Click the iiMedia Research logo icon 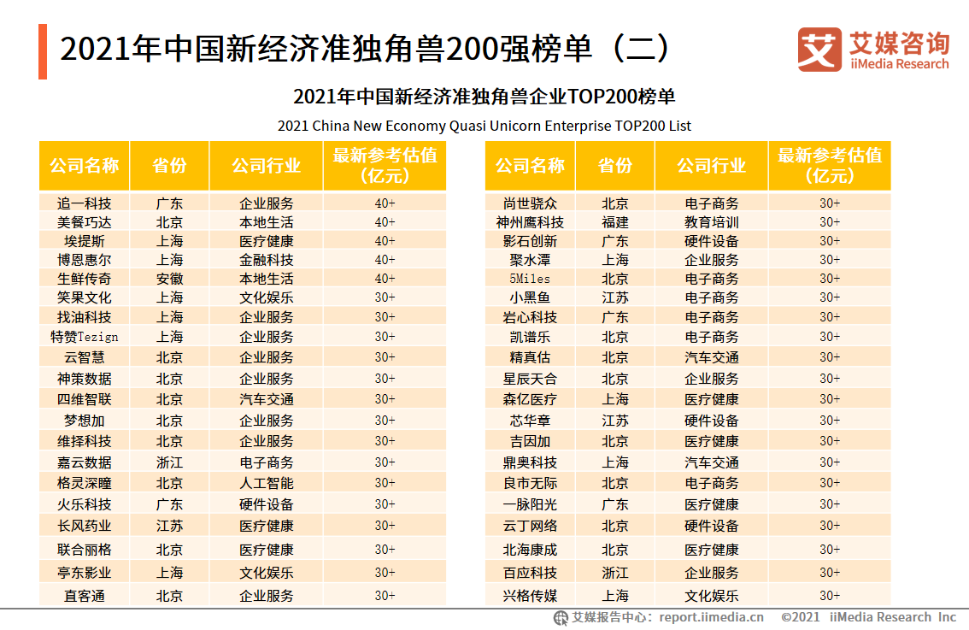(819, 50)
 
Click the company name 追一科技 (84, 203)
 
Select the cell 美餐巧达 (84, 222)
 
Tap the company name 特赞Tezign (84, 337)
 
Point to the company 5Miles (530, 279)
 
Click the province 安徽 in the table (169, 279)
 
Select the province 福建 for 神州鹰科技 (614, 222)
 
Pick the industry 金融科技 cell (266, 260)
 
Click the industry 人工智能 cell (266, 483)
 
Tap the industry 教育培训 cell (711, 222)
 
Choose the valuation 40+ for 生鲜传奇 (385, 279)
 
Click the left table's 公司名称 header (84, 166)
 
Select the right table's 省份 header (614, 166)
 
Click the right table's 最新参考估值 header (829, 166)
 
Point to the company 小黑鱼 (530, 297)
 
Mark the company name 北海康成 (530, 550)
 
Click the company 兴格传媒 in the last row (530, 596)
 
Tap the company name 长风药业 (84, 526)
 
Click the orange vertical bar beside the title (43, 51)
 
